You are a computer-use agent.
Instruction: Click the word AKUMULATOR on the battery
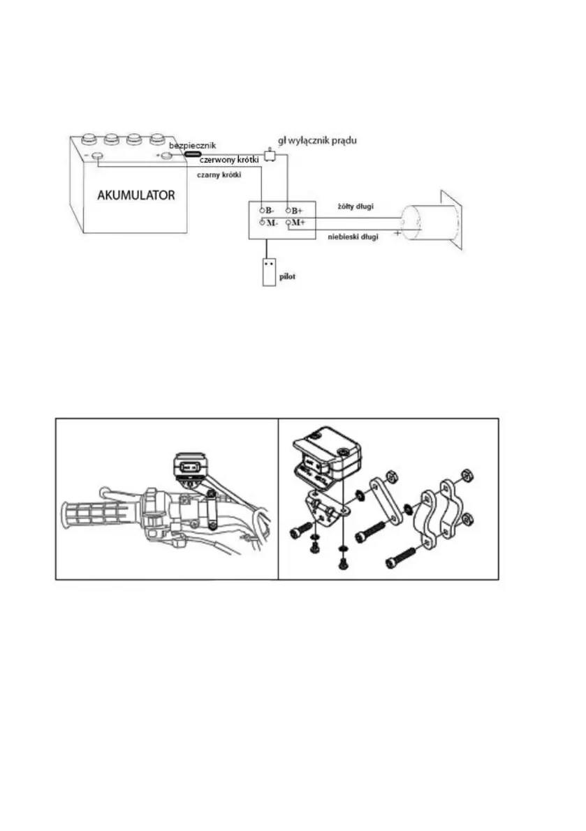(137, 195)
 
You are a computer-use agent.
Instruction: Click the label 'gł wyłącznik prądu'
(318, 140)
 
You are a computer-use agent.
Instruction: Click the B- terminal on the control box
(269, 210)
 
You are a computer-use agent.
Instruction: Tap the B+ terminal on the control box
(296, 210)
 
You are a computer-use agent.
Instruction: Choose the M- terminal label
(270, 223)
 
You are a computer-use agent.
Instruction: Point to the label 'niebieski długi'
(353, 237)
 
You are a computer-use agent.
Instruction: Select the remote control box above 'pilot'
(270, 271)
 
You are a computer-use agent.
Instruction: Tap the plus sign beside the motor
(397, 233)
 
